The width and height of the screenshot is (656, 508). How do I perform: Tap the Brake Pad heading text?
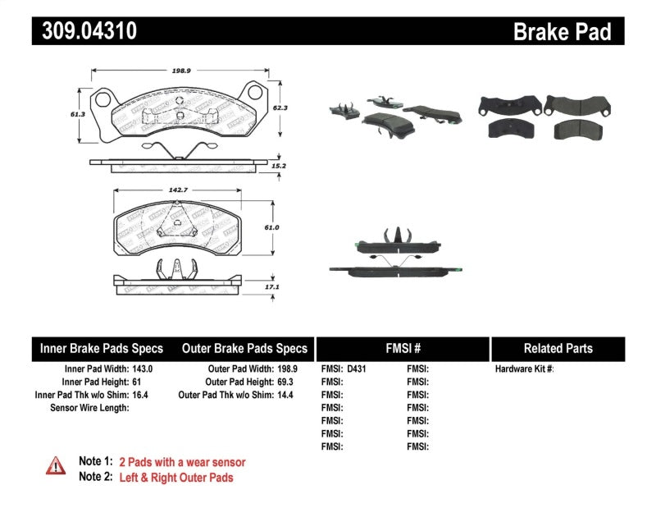(562, 32)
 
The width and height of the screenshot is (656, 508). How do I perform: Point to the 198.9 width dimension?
(182, 71)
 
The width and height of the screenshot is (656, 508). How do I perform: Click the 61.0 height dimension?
(273, 227)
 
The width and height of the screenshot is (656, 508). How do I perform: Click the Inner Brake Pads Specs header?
(102, 348)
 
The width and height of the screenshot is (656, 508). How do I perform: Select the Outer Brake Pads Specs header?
(244, 348)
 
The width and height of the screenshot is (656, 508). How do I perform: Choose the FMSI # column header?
(403, 348)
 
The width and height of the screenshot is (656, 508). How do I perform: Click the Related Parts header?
(558, 348)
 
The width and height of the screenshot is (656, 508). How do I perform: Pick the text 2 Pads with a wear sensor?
(182, 462)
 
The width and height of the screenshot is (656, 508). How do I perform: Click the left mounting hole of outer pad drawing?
(103, 100)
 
